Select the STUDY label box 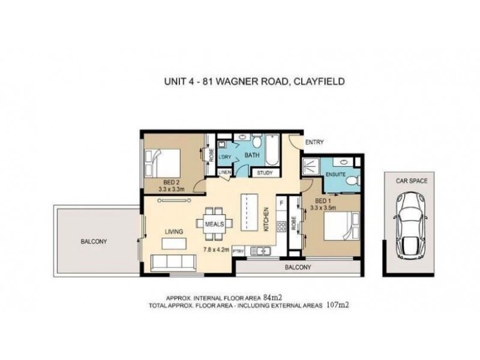[x=265, y=173]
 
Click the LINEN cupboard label [x=225, y=173]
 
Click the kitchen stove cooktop [x=280, y=226]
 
